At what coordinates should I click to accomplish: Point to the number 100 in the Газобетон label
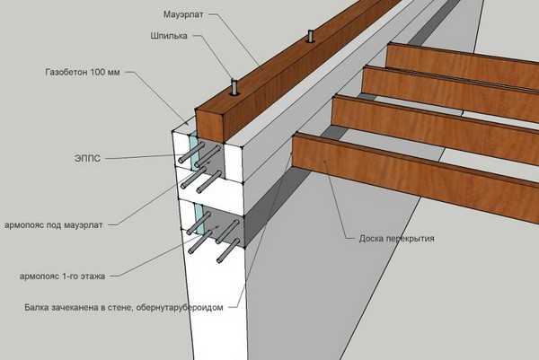[x=125, y=70]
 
